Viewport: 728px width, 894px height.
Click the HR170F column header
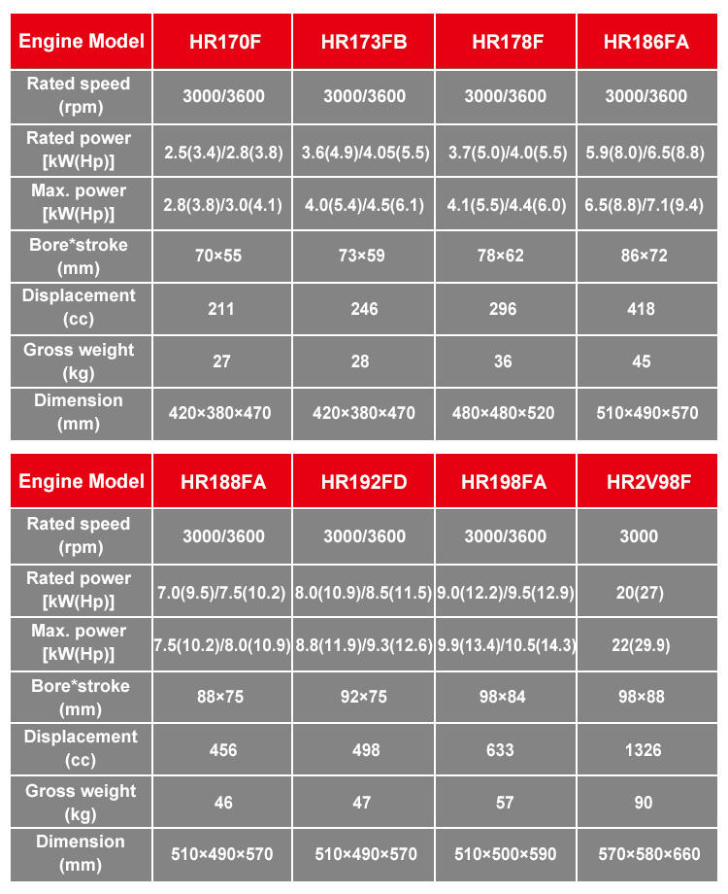[x=221, y=42]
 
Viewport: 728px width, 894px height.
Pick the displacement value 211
[x=221, y=309]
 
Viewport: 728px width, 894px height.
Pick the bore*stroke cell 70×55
[x=221, y=256]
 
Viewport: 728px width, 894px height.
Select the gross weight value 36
[x=504, y=361]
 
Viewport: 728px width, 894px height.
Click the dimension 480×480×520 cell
[x=504, y=413]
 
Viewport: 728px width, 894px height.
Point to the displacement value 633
[x=504, y=749]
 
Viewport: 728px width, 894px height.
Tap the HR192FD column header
[x=364, y=481]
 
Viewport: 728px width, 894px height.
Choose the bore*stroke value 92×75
[x=364, y=697]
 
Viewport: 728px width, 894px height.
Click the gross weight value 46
[x=222, y=803]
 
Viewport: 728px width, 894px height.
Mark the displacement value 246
[x=364, y=309]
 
